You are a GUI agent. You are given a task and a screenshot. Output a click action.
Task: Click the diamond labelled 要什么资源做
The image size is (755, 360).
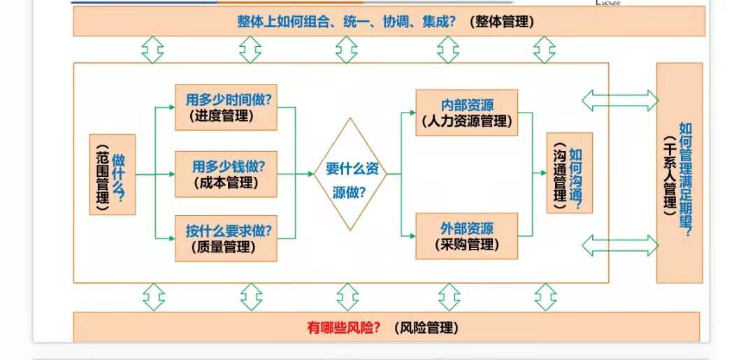tap(350, 175)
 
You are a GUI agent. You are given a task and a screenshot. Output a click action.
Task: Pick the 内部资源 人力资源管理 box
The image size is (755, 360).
tap(467, 113)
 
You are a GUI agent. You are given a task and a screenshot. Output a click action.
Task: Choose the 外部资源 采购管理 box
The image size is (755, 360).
tap(467, 236)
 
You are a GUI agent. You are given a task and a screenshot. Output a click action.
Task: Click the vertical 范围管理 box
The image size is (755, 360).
tap(112, 175)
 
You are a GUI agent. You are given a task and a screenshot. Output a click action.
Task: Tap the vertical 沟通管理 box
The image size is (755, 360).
tap(569, 173)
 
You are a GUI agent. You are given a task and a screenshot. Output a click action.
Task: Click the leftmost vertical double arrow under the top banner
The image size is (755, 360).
tap(152, 50)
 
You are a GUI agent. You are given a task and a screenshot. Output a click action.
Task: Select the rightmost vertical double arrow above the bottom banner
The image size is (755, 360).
tap(545, 297)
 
